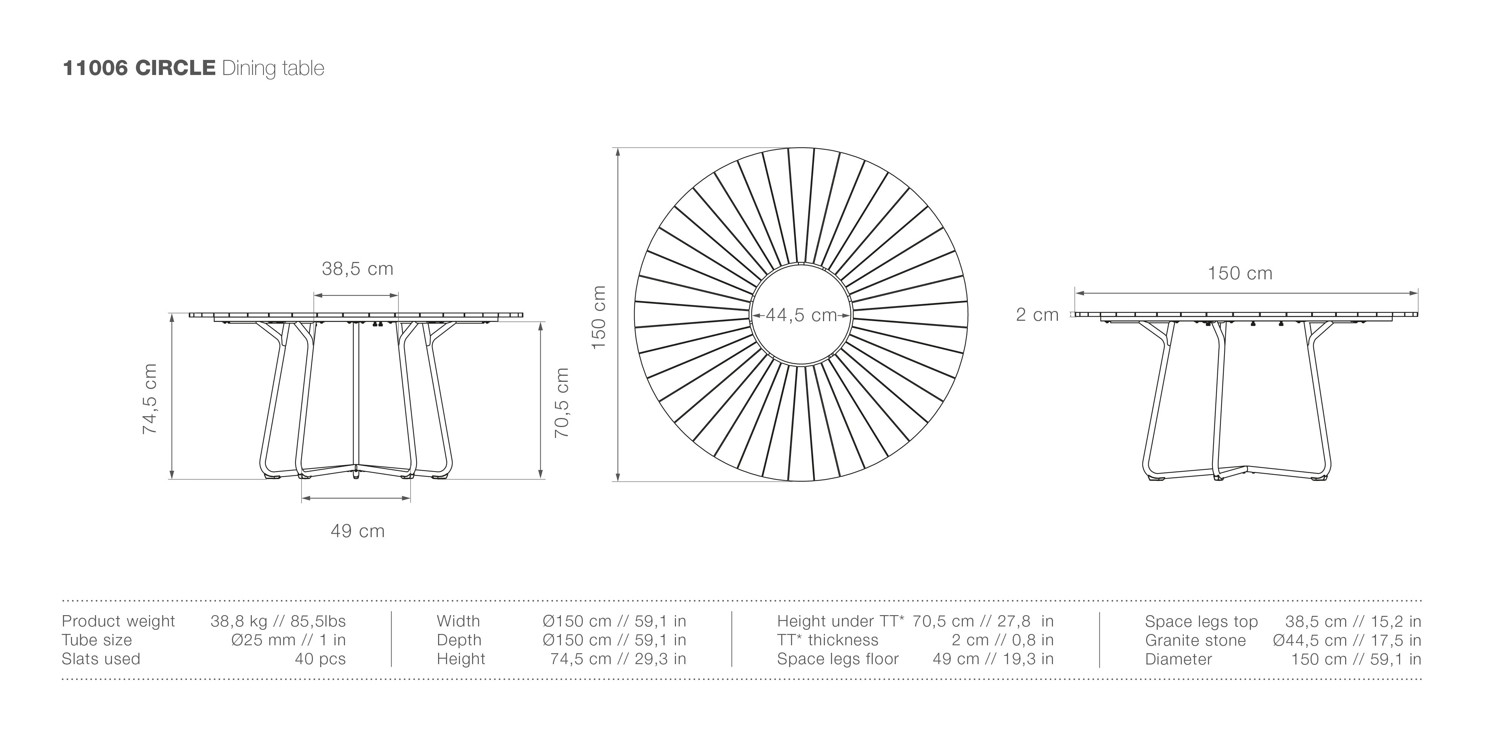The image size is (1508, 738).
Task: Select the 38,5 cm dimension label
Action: (x=358, y=269)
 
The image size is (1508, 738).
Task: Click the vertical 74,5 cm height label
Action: (x=150, y=398)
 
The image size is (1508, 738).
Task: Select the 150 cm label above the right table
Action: (x=1240, y=273)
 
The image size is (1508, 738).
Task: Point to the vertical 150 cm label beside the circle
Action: (x=598, y=317)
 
